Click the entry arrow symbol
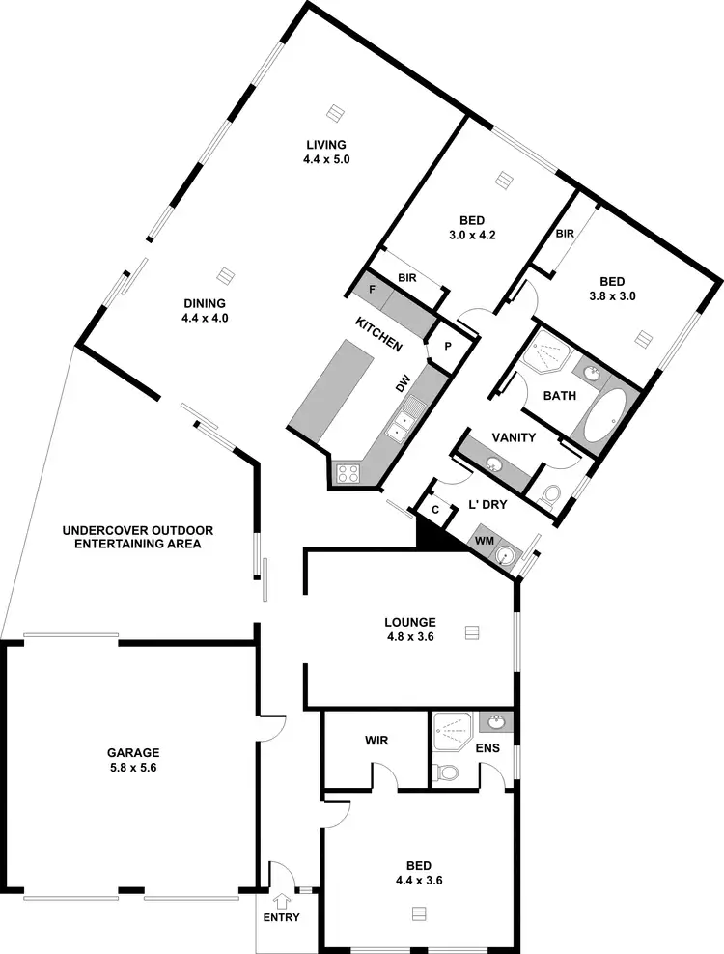281,902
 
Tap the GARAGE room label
133,752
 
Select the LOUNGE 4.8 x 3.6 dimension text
408,637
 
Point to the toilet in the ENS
446,773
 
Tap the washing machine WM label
484,542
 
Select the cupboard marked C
435,509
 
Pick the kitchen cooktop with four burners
348,473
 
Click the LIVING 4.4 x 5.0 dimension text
325,158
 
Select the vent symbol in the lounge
471,632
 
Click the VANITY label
514,437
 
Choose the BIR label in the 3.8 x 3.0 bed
565,233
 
